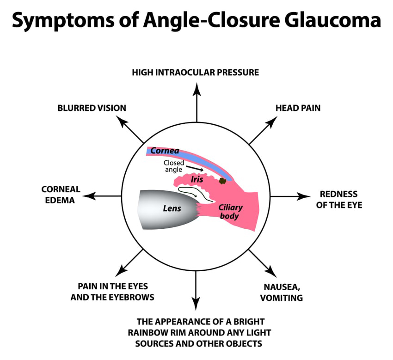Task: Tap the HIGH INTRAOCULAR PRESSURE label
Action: (195, 73)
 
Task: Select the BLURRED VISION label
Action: (92, 108)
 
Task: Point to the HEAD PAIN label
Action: (298, 108)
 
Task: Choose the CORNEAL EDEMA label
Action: (61, 195)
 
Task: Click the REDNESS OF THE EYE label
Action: (339, 199)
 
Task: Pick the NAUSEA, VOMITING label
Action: (281, 293)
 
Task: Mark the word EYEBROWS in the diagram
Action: (132, 297)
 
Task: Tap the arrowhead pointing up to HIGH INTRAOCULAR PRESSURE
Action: (196, 88)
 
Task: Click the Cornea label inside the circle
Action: (165, 151)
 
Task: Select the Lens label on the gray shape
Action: (172, 208)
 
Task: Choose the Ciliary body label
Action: (230, 212)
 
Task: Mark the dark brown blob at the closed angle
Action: (223, 181)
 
